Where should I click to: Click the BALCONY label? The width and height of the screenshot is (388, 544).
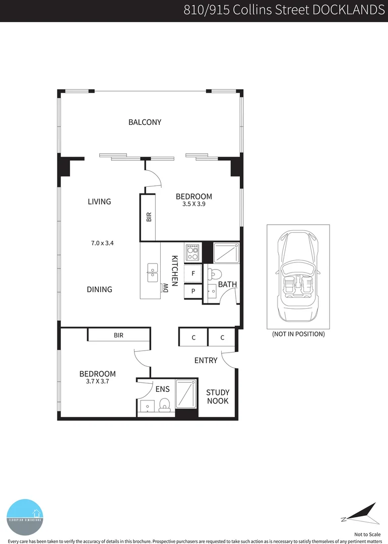(x=145, y=122)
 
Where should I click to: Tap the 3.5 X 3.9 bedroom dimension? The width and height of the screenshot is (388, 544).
(x=193, y=205)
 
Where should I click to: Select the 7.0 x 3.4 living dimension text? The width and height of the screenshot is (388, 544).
(x=102, y=243)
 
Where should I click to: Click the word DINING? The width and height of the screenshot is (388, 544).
(x=99, y=290)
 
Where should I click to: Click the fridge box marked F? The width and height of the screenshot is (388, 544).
(x=193, y=274)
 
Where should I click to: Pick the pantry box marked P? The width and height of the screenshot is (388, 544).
(x=193, y=292)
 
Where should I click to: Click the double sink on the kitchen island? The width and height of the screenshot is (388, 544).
(x=152, y=273)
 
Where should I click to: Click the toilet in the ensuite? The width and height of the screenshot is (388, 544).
(x=164, y=405)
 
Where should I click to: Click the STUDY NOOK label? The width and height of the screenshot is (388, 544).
(x=218, y=397)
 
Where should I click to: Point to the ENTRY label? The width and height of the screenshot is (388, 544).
(x=206, y=360)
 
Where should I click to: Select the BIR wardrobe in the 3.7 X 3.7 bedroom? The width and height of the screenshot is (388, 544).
(x=119, y=335)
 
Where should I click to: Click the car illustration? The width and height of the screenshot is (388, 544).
(x=298, y=276)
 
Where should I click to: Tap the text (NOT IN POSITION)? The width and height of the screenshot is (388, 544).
(x=298, y=334)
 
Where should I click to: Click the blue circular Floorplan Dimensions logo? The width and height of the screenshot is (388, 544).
(x=25, y=517)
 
